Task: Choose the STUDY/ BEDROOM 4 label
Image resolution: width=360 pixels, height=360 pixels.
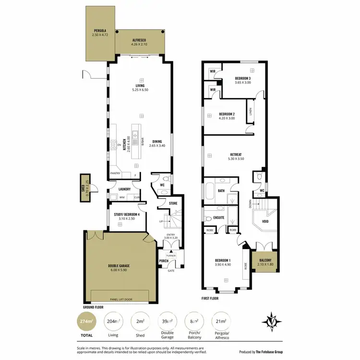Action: pos(127,216)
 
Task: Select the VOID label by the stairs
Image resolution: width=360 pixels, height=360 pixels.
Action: pos(264,222)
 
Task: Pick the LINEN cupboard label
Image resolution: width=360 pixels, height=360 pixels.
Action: pos(251,111)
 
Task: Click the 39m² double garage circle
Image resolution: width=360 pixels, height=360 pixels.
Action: pos(168,321)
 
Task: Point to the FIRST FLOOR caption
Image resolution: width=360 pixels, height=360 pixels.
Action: pos(210,298)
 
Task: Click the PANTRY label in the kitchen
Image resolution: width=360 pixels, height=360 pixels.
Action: pos(115,173)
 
